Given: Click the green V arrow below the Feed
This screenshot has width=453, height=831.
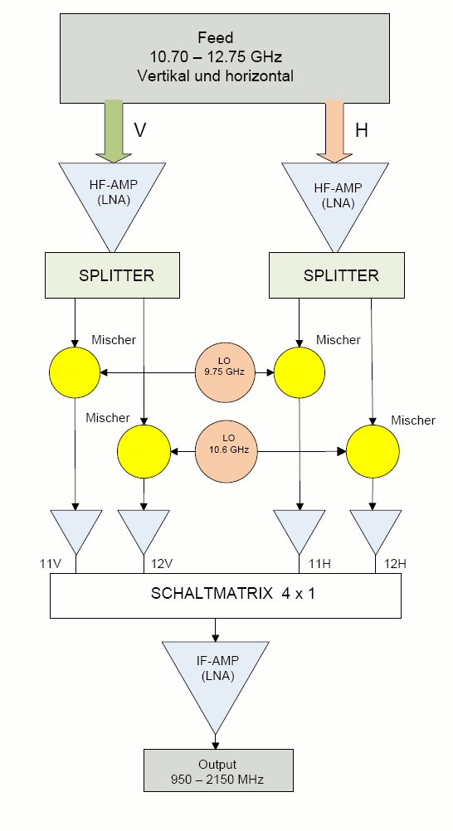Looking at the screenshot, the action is (x=114, y=130).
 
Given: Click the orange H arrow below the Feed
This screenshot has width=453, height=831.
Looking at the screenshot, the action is (x=334, y=130).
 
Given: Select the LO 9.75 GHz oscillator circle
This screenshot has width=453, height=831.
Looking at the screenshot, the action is (x=224, y=372).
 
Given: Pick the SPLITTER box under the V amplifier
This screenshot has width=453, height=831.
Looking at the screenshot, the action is (x=113, y=275).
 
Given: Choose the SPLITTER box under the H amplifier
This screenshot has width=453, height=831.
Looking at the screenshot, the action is (x=337, y=275).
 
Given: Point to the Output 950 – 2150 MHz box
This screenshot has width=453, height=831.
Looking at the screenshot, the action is (x=218, y=770).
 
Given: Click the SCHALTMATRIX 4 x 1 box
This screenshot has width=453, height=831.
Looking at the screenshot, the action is (x=226, y=595).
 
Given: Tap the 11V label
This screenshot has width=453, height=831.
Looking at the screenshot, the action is (x=51, y=563).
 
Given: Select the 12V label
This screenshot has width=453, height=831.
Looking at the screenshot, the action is (x=162, y=563).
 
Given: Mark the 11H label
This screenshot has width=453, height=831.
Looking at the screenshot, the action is (x=319, y=563).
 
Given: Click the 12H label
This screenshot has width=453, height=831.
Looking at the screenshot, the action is (x=395, y=563).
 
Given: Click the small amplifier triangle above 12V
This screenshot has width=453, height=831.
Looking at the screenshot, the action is (x=144, y=527).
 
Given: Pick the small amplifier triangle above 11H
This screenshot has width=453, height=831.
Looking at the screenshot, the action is (x=300, y=527).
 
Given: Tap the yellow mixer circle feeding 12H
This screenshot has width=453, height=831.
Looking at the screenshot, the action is (x=373, y=451).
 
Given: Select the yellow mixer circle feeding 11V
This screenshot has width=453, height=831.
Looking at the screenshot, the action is (x=75, y=372).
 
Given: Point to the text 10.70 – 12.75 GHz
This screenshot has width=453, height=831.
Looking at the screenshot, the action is (x=216, y=56).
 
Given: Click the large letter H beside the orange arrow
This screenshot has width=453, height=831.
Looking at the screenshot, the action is (x=362, y=130).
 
